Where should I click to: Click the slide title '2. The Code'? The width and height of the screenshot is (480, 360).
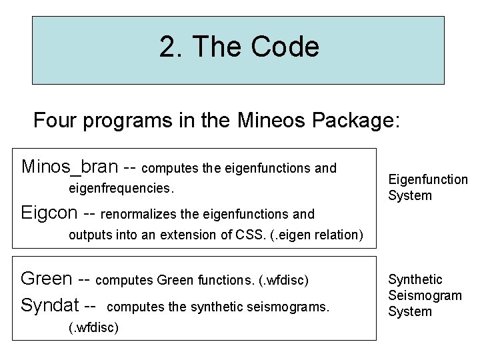(x=239, y=47)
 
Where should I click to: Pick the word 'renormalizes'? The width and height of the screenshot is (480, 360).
(x=139, y=215)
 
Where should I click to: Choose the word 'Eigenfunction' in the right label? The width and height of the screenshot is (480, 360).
(x=428, y=179)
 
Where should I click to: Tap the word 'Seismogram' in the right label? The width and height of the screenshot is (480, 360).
(x=425, y=295)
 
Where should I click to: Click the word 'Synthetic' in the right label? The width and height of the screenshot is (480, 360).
(x=415, y=279)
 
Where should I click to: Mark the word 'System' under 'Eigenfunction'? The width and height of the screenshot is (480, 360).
(x=410, y=195)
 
